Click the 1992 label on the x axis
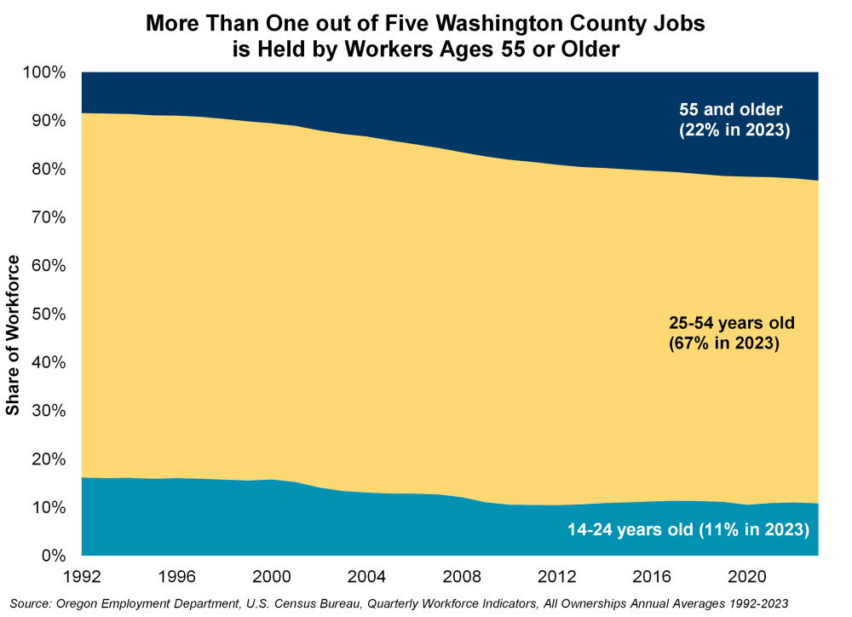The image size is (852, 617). click(x=82, y=574)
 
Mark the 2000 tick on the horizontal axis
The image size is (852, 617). click(x=273, y=574)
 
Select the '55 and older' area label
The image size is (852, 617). click(x=730, y=109)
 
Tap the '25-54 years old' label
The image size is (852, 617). click(x=731, y=324)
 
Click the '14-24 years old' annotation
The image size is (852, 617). click(x=630, y=530)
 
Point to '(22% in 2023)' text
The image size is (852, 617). click(x=735, y=130)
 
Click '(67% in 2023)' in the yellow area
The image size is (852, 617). click(x=724, y=344)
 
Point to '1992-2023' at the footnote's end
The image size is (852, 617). click(x=757, y=603)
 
